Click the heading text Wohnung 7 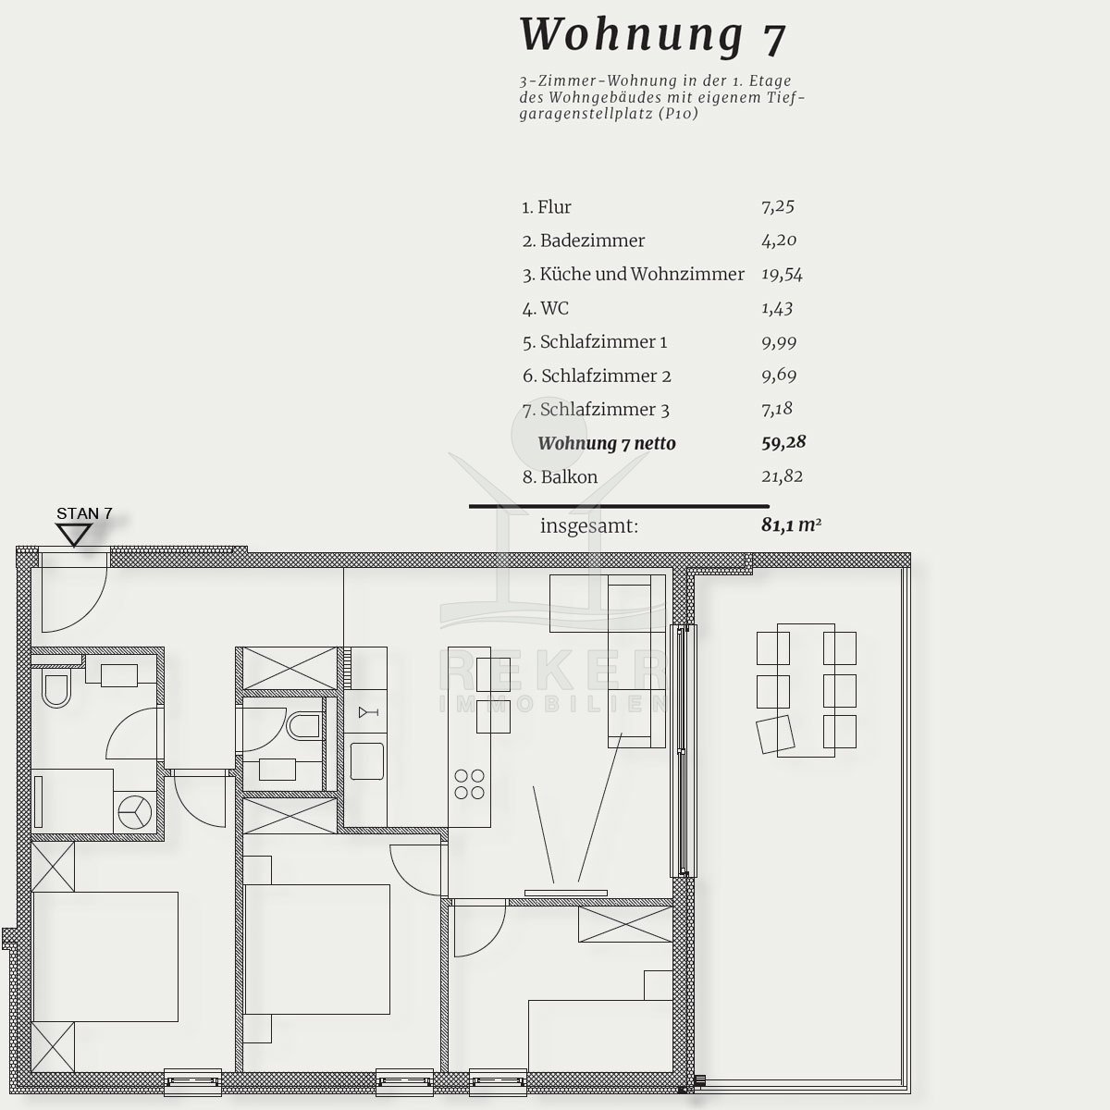tap(653, 36)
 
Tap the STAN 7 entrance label tap(84, 513)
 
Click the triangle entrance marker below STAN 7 tap(74, 535)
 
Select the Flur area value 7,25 tap(778, 206)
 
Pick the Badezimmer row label tap(584, 240)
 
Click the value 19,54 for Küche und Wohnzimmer tap(782, 274)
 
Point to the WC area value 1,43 tap(777, 308)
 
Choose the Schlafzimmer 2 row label tap(597, 376)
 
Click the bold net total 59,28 tap(783, 442)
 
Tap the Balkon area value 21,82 tap(782, 476)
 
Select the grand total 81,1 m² tap(791, 524)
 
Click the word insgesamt tap(589, 526)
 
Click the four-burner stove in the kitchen tap(469, 784)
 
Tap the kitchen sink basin tap(367, 761)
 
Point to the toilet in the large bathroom tap(56, 689)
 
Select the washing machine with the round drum tap(135, 811)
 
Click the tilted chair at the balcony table tap(775, 734)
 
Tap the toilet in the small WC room tap(303, 726)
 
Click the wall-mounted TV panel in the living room tap(566, 893)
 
